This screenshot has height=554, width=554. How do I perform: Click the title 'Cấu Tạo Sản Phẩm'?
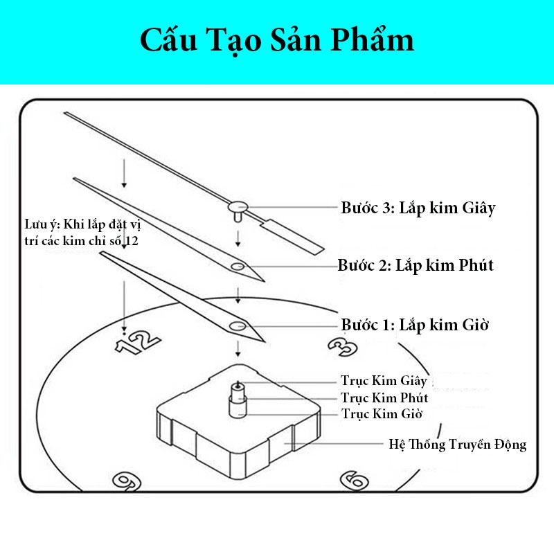tap(277, 41)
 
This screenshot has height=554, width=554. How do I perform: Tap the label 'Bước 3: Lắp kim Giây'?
tap(418, 208)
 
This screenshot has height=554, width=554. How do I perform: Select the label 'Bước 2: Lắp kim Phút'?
tap(415, 265)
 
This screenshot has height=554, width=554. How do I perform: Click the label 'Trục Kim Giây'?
tap(384, 382)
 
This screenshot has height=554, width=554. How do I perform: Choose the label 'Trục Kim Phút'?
tap(384, 398)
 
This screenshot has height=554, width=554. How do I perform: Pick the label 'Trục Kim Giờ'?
tap(382, 414)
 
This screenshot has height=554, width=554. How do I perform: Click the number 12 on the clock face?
tap(138, 341)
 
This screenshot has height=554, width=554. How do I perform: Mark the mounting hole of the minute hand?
tap(238, 267)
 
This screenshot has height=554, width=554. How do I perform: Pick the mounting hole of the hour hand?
tap(239, 325)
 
